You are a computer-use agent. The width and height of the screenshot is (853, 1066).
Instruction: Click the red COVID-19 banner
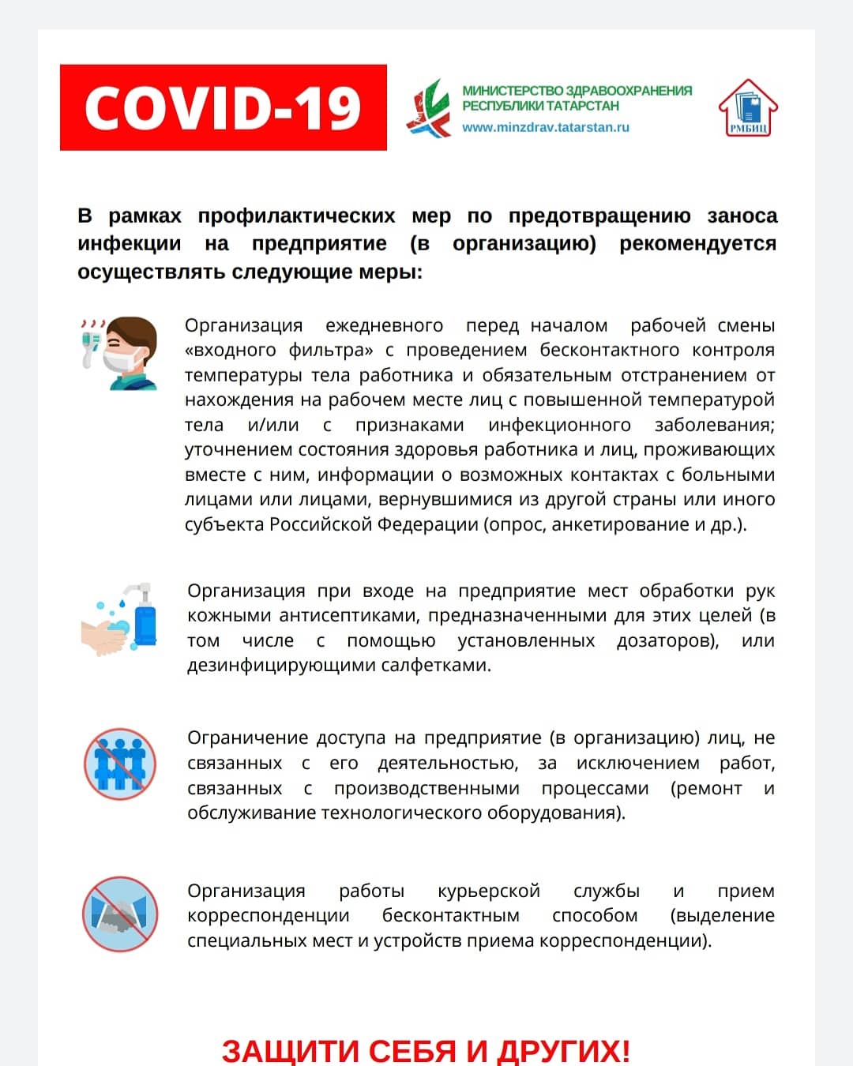pyautogui.click(x=223, y=107)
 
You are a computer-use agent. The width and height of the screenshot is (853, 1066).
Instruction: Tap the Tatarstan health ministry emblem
pyautogui.click(x=427, y=107)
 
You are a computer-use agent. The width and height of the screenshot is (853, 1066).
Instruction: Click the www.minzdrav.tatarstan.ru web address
pyautogui.click(x=546, y=127)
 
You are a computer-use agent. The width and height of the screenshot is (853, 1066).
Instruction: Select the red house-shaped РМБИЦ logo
pyautogui.click(x=747, y=108)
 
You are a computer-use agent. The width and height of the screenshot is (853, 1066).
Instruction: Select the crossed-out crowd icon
pyautogui.click(x=120, y=764)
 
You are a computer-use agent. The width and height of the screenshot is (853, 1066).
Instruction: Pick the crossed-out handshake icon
pyautogui.click(x=120, y=914)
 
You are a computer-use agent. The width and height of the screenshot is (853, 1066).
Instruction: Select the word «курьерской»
pyautogui.click(x=489, y=891)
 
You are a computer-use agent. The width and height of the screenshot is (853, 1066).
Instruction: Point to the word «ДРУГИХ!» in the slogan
pyautogui.click(x=563, y=1051)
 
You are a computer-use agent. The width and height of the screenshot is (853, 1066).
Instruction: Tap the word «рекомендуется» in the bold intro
pyautogui.click(x=697, y=243)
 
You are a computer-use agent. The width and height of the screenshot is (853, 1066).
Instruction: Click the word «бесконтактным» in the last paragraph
pyautogui.click(x=451, y=915)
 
